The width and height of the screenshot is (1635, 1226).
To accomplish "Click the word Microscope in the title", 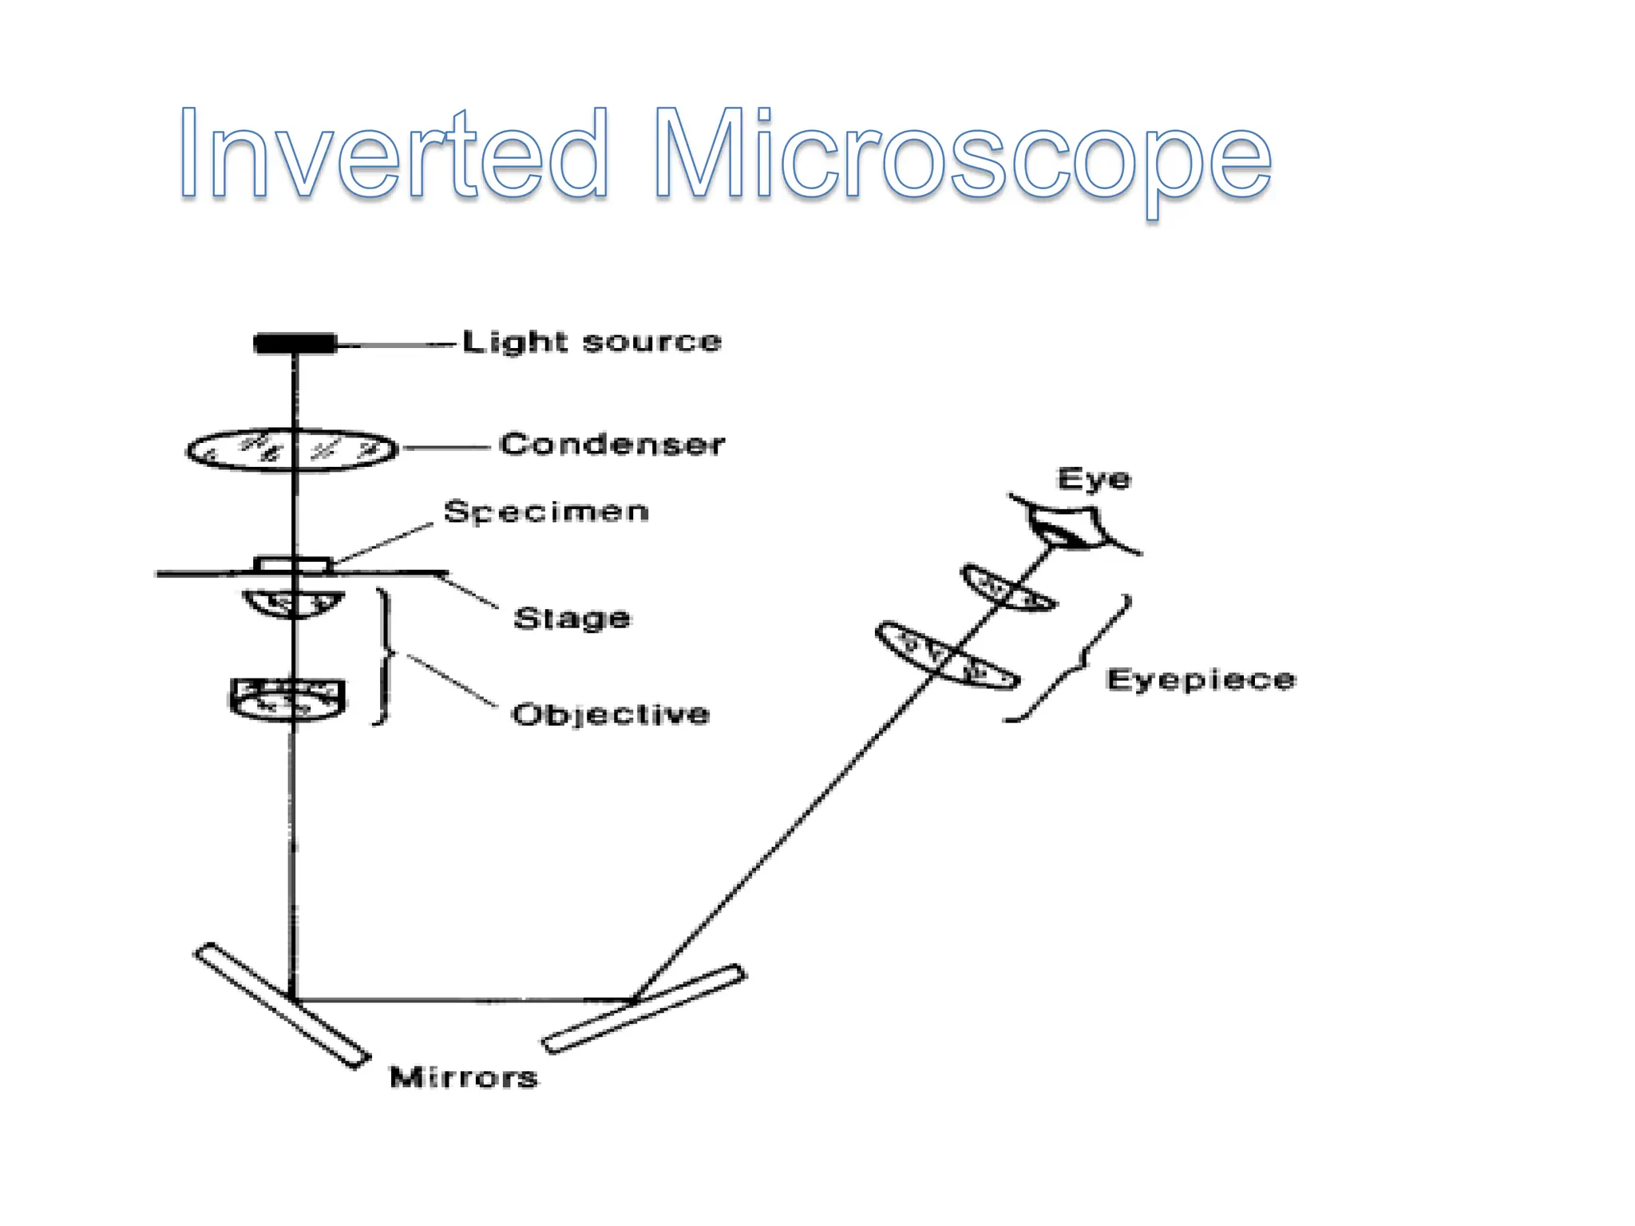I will (962, 156).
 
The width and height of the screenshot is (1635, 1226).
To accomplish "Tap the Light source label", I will (592, 342).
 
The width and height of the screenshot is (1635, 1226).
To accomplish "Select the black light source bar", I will (295, 343).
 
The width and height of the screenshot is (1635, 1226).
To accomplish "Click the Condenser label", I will (612, 445).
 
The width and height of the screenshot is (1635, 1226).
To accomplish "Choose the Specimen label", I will (546, 512).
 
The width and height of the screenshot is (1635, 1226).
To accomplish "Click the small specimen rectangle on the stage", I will (292, 564).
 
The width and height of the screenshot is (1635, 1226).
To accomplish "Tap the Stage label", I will (572, 619).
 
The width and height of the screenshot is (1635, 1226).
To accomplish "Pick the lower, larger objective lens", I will (287, 699).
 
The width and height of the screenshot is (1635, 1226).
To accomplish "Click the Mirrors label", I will (464, 1078).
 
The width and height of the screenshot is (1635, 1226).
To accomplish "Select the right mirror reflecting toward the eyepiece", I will (643, 1009).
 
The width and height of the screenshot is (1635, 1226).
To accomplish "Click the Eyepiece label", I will (1201, 680).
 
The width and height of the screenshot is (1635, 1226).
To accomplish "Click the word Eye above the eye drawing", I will (1094, 479).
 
